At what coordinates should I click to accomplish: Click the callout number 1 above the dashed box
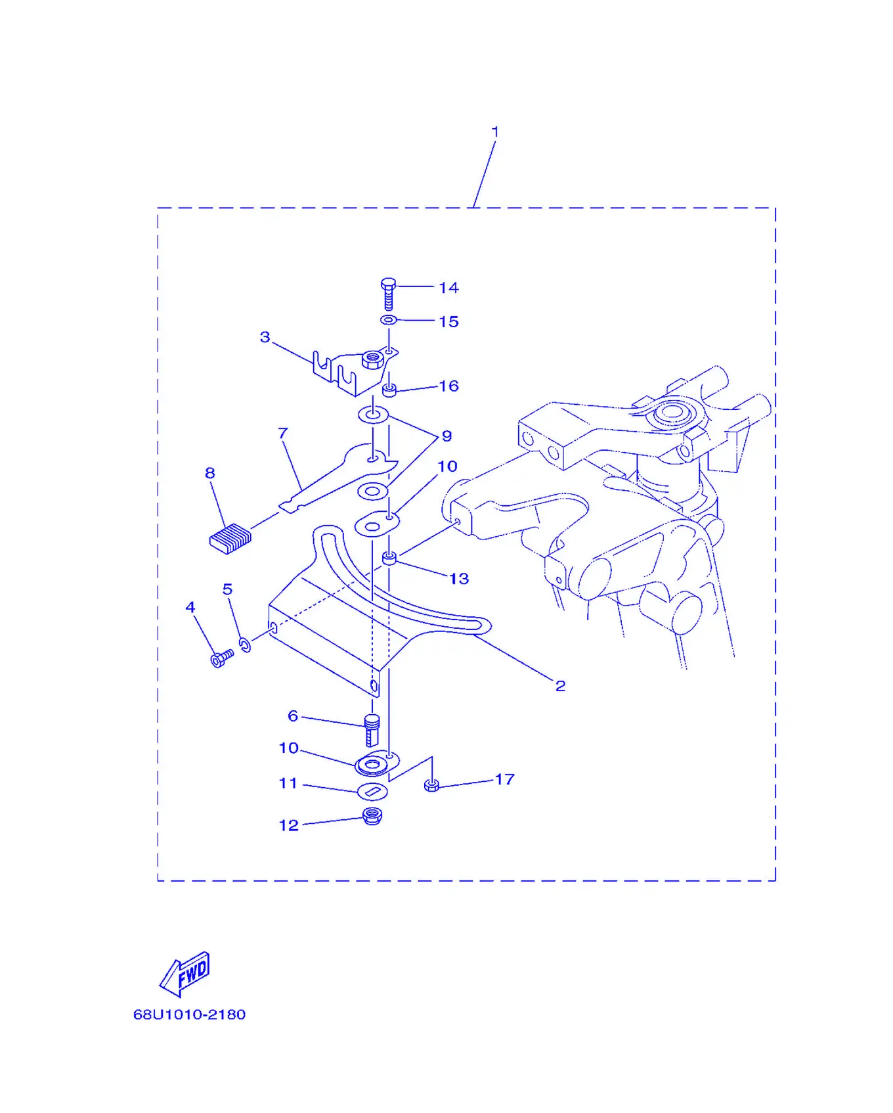coord(495,131)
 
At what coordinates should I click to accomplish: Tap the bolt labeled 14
coord(388,294)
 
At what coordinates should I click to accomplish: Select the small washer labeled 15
coord(388,320)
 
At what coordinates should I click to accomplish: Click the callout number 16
coord(448,386)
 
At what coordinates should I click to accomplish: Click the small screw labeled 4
coord(222,658)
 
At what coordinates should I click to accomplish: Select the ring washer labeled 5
coord(245,645)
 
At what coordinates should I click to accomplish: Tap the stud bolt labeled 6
coord(372,730)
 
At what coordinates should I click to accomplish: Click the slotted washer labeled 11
coord(372,792)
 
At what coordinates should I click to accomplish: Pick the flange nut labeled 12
coord(372,816)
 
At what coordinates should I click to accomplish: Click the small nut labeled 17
coord(431,784)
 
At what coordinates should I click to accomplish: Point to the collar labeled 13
coord(389,558)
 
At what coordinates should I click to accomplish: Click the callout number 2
coord(560,686)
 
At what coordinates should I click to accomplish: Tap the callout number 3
coord(265,337)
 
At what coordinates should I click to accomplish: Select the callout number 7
coord(283,434)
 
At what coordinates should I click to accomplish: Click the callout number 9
coord(446,436)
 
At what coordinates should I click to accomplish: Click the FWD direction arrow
coord(185,974)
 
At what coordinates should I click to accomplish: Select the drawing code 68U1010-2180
coord(190,1014)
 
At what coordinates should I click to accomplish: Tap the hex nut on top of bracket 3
coord(372,359)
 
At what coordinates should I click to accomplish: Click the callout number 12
coord(289,825)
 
